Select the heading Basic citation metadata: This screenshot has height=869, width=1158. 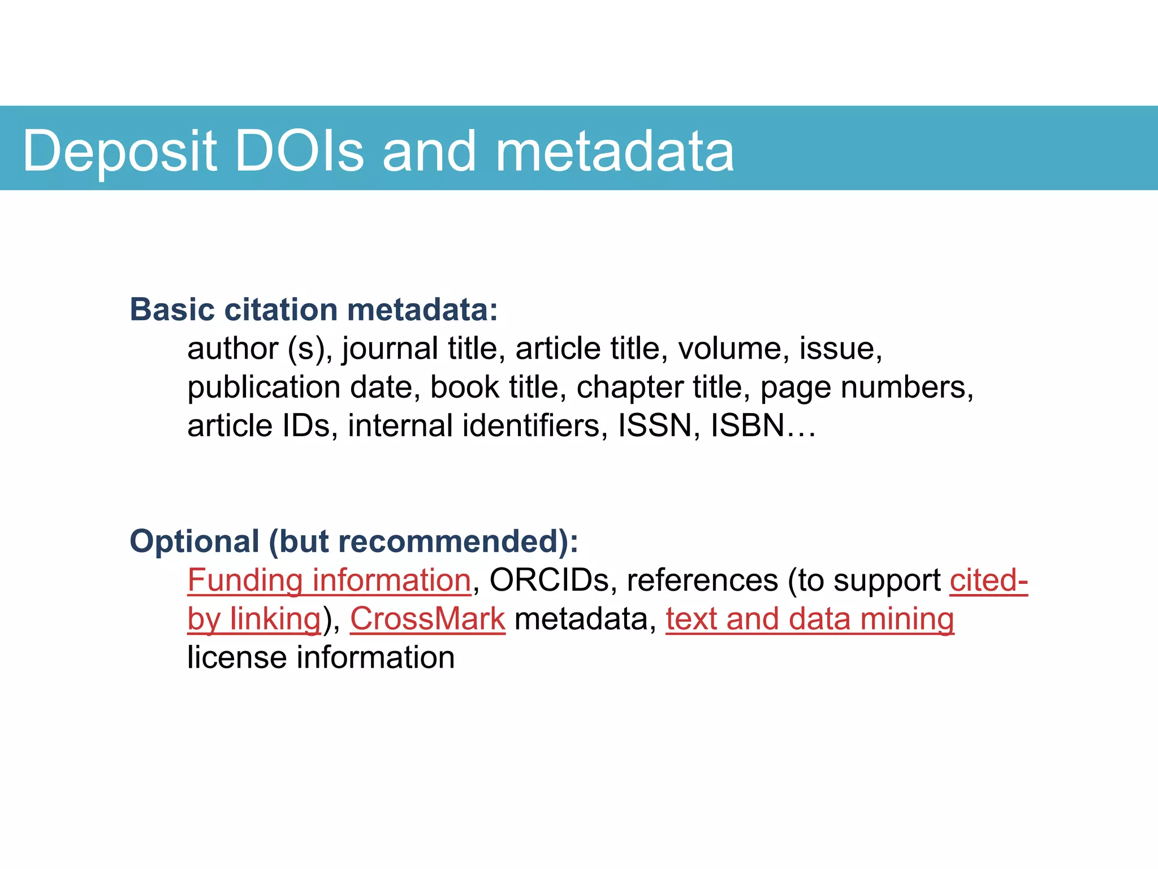pyautogui.click(x=314, y=309)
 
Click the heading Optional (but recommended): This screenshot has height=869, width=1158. pyautogui.click(x=354, y=541)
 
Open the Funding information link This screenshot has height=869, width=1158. pyautogui.click(x=329, y=580)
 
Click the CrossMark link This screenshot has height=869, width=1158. pyautogui.click(x=427, y=619)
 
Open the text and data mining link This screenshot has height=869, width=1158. pyautogui.click(x=810, y=619)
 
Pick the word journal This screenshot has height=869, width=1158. pyautogui.click(x=390, y=349)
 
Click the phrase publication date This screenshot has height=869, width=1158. pyautogui.click(x=304, y=388)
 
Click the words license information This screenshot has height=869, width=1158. pyautogui.click(x=321, y=657)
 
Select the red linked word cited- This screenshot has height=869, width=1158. pyautogui.click(x=988, y=580)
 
